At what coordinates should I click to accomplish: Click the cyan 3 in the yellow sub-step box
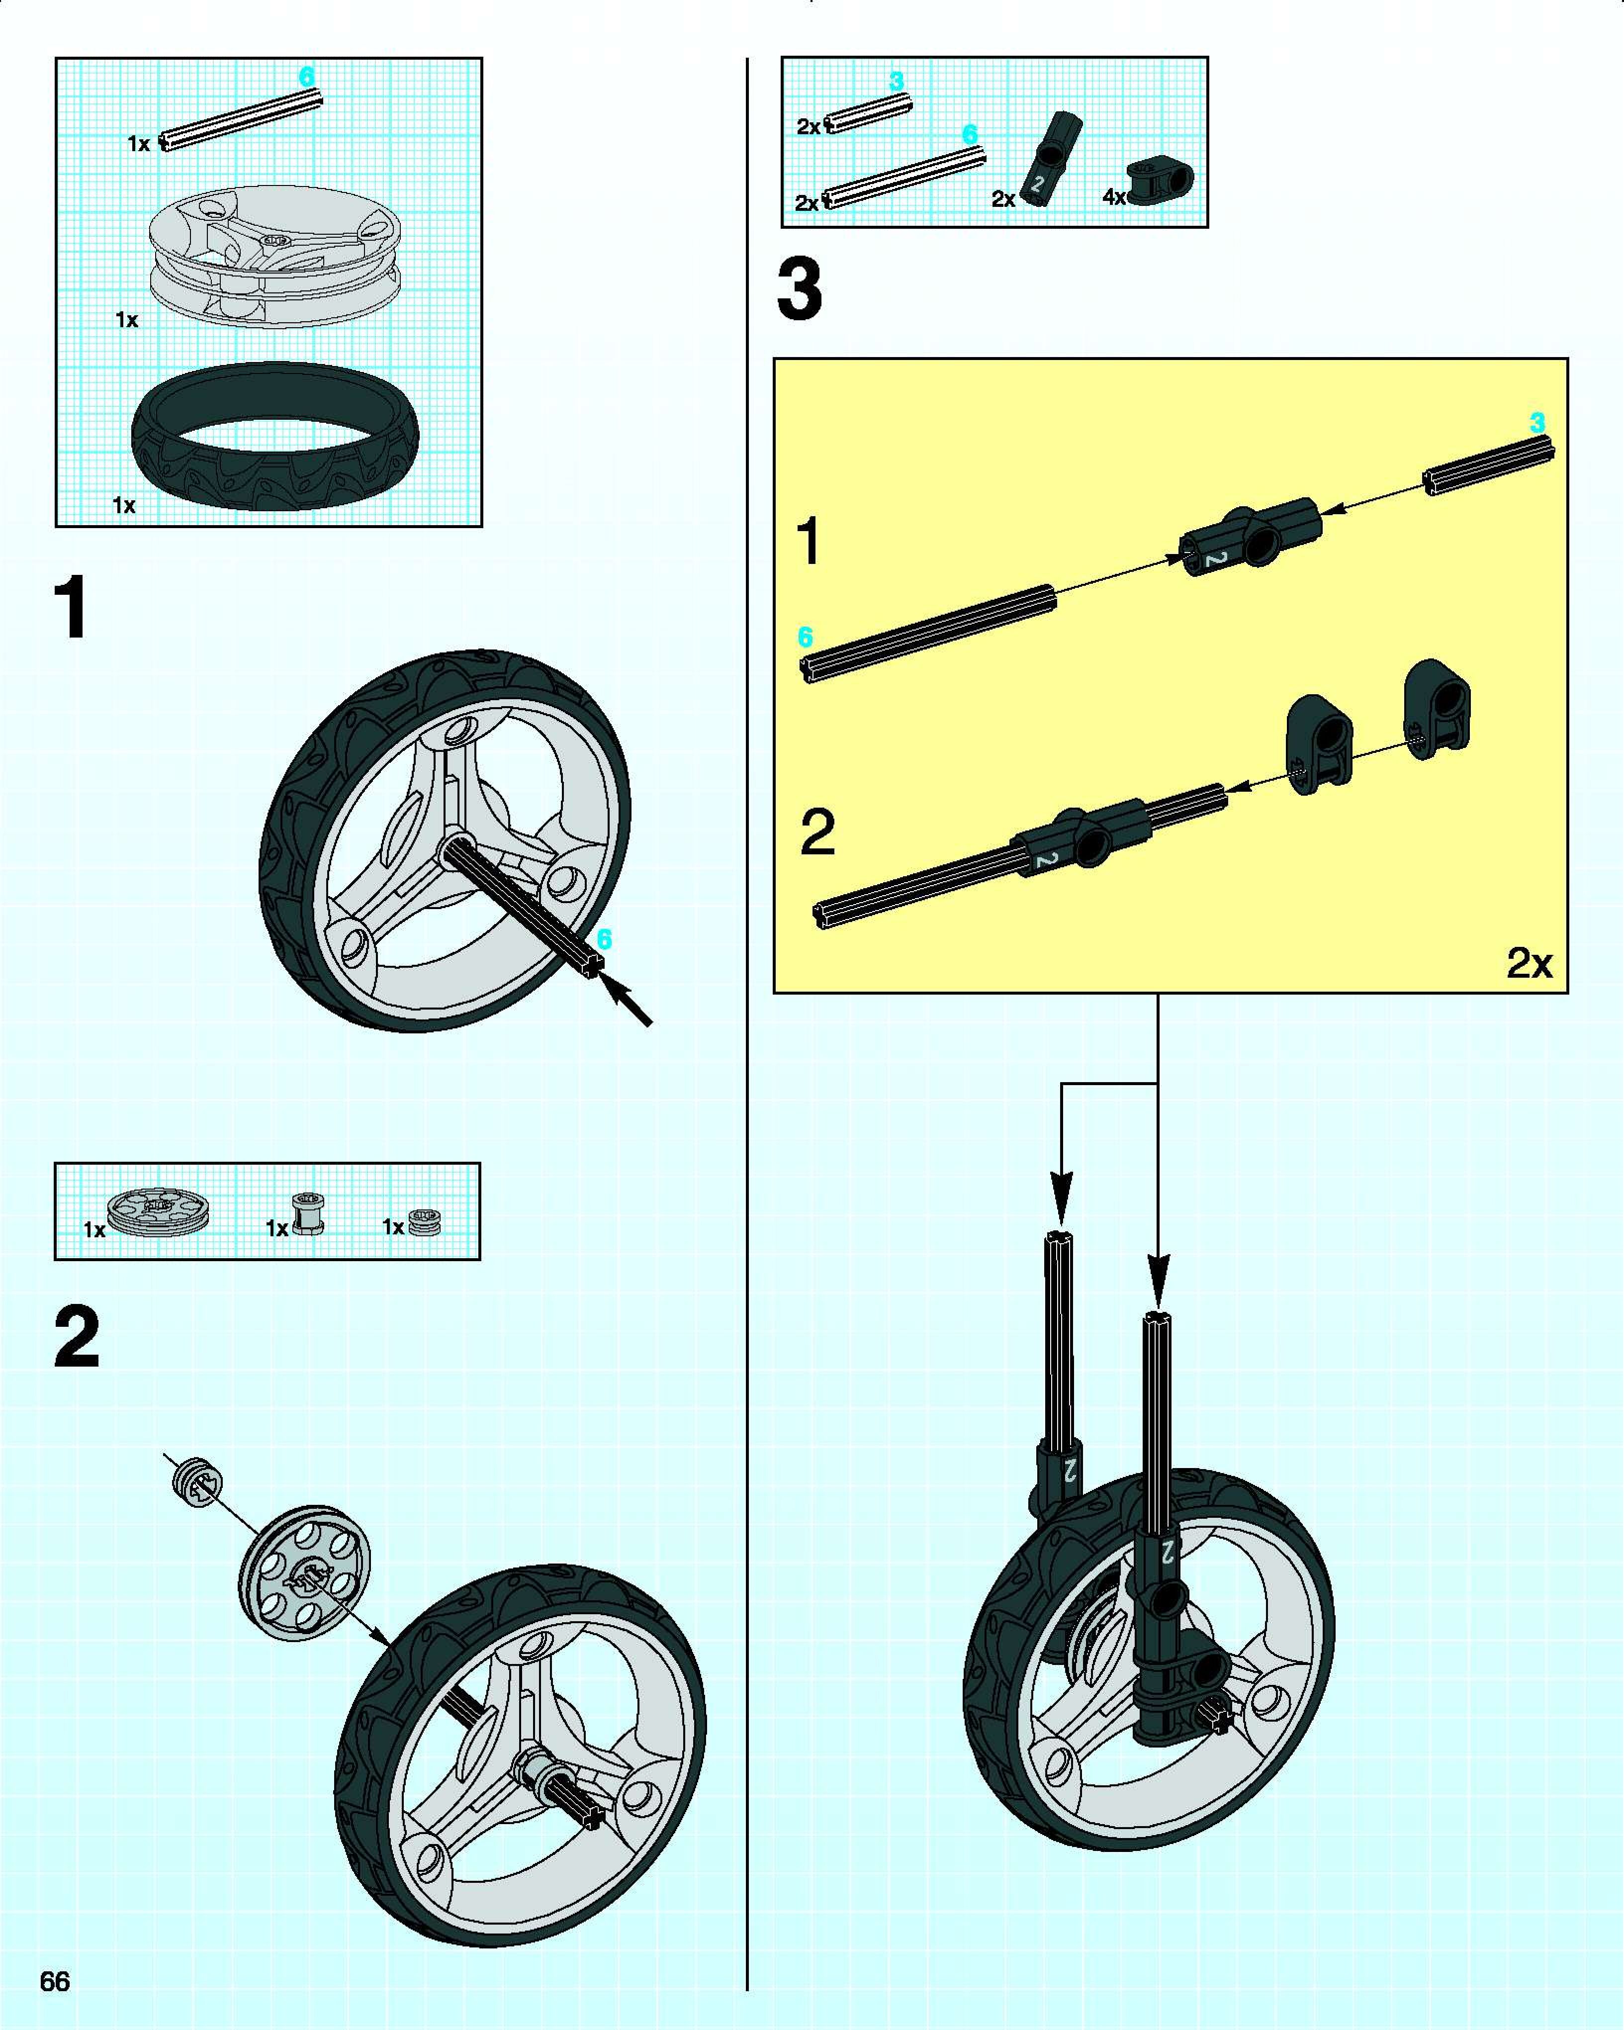[1537, 424]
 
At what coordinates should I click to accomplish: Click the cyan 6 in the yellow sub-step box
[805, 638]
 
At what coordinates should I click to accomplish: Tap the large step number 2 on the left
[77, 1338]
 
